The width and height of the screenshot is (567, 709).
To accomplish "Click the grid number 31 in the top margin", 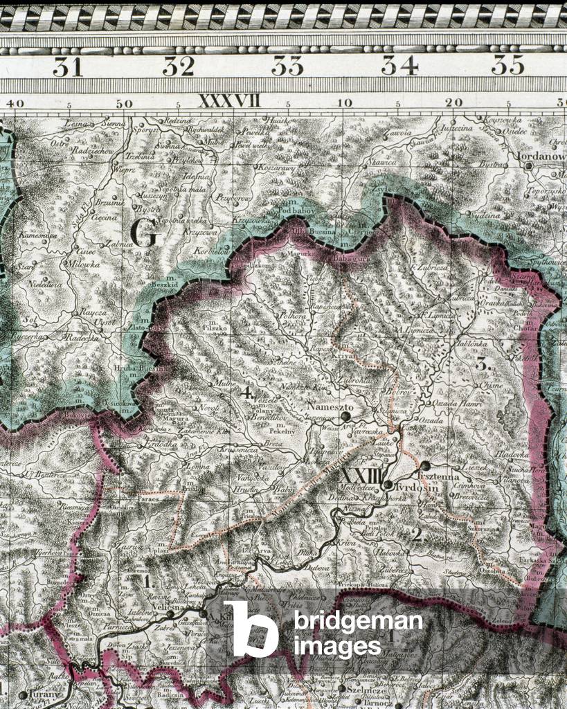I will point(67,66).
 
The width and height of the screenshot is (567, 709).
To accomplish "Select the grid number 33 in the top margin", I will point(287,66).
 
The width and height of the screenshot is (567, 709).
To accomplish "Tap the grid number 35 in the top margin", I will point(507,66).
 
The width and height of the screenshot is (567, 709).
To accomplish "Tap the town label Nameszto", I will point(332,407).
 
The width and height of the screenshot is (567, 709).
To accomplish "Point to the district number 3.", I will point(483,364).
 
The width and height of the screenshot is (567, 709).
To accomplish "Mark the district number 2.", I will point(417,534).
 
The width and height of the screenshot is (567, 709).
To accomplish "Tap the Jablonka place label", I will point(473,343).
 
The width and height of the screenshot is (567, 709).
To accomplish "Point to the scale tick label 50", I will point(123,103).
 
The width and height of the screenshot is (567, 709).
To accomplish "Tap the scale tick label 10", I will point(343,103).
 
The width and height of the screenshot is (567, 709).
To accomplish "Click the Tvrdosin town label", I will point(407,487).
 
